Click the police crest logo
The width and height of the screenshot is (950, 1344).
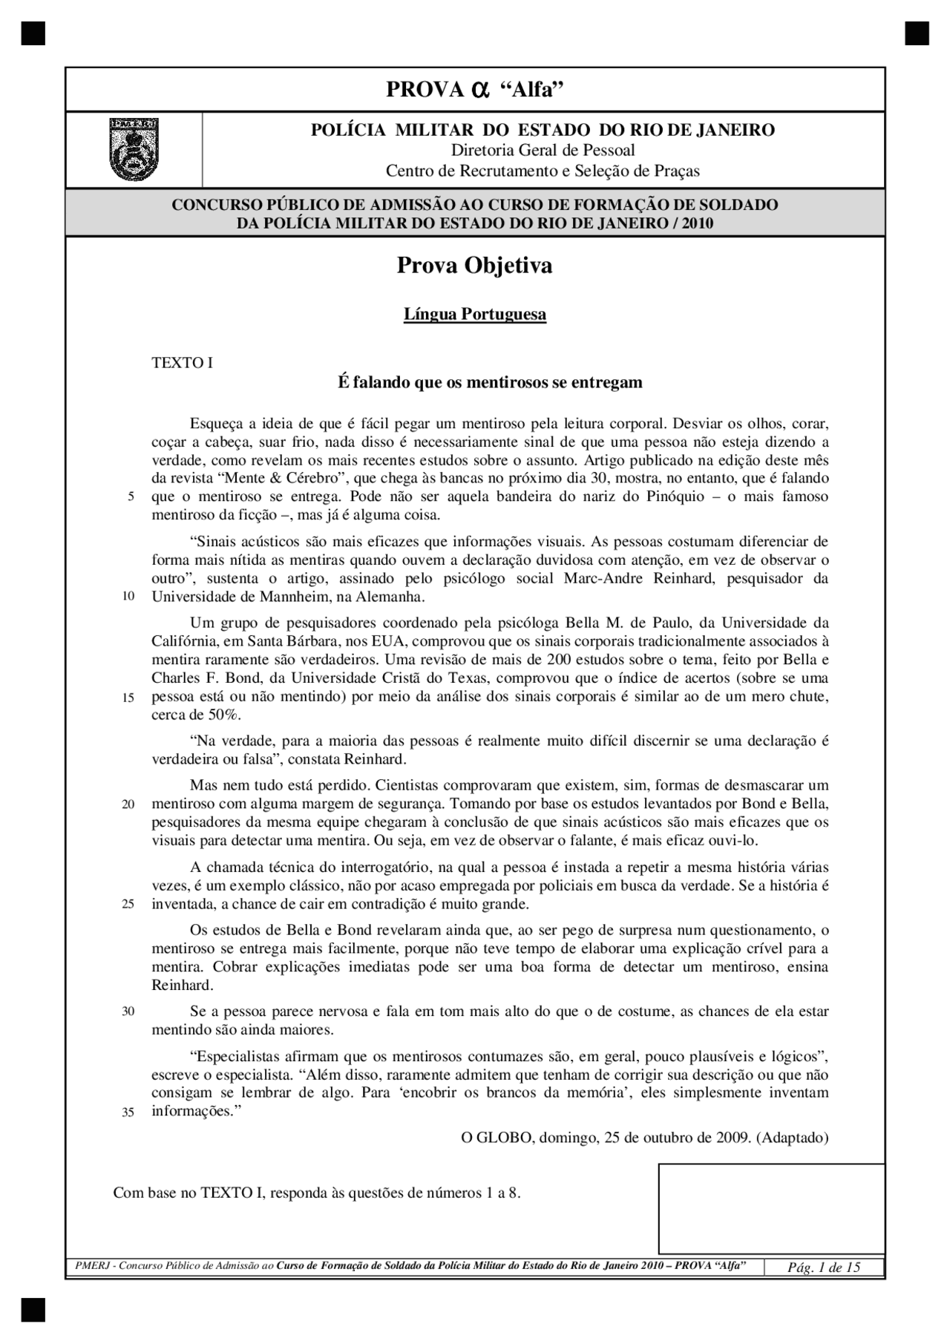[134, 149]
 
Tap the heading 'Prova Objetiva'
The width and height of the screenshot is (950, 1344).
[474, 266]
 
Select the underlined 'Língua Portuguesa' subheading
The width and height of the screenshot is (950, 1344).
[474, 314]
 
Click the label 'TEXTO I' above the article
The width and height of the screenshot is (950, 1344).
[182, 363]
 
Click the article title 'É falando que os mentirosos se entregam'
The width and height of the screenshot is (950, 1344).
[490, 383]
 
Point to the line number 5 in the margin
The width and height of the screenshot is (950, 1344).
[131, 497]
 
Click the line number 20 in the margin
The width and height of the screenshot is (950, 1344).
[128, 804]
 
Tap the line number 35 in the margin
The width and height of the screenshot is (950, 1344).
[128, 1112]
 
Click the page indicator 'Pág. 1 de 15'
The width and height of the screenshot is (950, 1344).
[824, 1268]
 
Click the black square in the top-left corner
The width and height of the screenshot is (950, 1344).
[33, 33]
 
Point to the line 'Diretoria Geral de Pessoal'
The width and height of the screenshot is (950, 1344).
[543, 151]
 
